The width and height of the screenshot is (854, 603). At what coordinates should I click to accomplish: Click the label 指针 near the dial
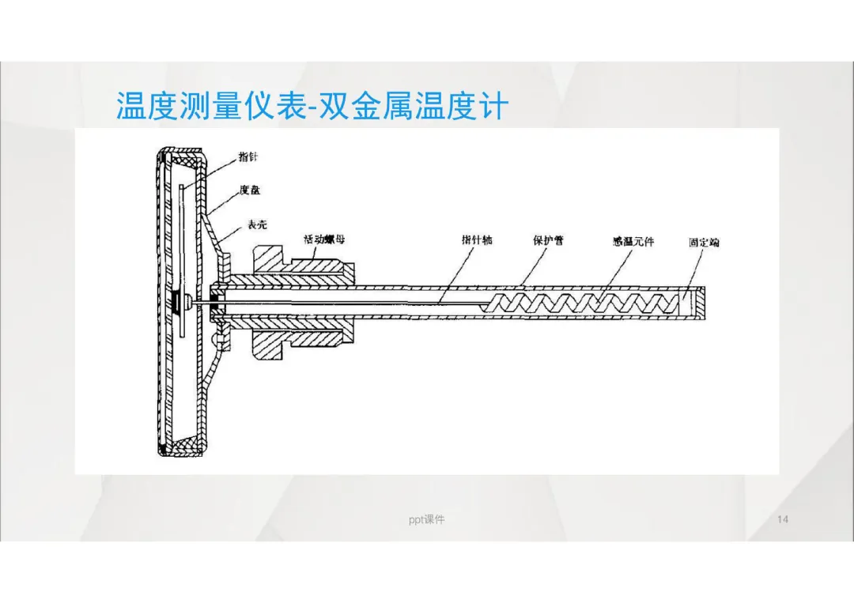(248, 157)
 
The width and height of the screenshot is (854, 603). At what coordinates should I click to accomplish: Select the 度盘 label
(249, 190)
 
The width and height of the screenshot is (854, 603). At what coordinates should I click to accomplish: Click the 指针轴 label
(477, 239)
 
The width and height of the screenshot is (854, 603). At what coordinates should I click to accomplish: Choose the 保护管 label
(547, 239)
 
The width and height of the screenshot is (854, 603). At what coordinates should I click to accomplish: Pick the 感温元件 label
(633, 241)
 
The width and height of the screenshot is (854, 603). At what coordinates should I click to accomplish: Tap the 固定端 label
(703, 242)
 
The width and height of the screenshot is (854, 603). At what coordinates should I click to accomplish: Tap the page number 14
(783, 519)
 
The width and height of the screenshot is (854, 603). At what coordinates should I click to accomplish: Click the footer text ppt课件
(427, 519)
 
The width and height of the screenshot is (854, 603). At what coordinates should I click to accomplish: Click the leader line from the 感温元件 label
(621, 269)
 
